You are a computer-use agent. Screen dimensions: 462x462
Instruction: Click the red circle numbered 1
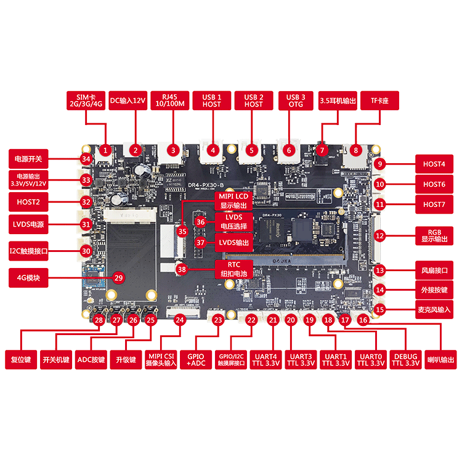[x=105, y=150]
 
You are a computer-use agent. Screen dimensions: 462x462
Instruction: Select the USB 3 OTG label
[x=296, y=100]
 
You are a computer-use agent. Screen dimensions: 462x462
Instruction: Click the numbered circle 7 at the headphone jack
[x=321, y=150]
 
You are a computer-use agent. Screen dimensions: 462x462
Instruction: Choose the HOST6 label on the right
[x=434, y=184]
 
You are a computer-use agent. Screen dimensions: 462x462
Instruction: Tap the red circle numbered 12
[x=380, y=235]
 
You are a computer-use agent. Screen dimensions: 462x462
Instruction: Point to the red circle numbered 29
[x=118, y=278]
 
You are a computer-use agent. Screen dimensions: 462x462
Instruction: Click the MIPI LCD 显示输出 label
[x=233, y=200]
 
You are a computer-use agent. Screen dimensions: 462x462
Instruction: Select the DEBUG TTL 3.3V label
[x=405, y=360]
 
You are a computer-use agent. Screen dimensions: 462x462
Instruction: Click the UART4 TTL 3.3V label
[x=267, y=360]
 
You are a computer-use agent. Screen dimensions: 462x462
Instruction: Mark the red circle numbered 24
[x=179, y=320]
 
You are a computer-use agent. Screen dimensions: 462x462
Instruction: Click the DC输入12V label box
[x=128, y=100]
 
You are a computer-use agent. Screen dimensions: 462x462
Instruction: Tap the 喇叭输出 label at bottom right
[x=441, y=360]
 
